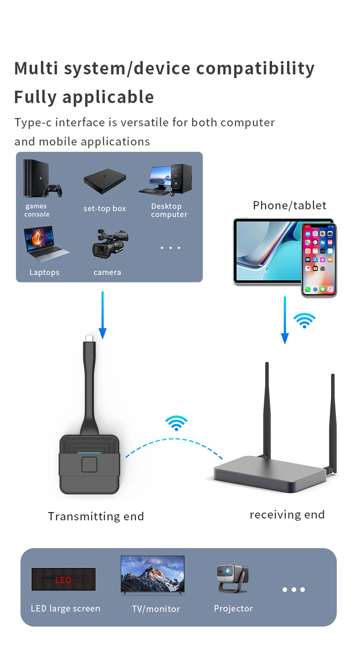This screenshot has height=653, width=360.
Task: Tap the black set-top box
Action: pos(105,180)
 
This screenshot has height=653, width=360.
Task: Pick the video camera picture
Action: pos(110,244)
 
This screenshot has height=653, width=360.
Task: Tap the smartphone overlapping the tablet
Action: pos(319,259)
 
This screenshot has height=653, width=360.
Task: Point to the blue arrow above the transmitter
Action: pos(103,315)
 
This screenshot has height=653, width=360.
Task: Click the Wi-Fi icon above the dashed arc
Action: pos(176,423)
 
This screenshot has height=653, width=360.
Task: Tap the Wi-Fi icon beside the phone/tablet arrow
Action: pos(304,320)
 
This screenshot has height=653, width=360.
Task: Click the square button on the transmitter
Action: pos(89,464)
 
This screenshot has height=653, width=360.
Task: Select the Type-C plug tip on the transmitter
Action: pos(89,339)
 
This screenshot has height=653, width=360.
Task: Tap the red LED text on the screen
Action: pos(63,580)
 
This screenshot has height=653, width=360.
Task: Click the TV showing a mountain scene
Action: pos(153,574)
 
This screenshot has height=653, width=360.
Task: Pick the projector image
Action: pos(232,578)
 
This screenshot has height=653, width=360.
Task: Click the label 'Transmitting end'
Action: pos(96,516)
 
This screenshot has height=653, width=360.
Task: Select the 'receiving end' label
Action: pos(287,514)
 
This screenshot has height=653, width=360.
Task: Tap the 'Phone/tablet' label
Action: pos(289,205)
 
